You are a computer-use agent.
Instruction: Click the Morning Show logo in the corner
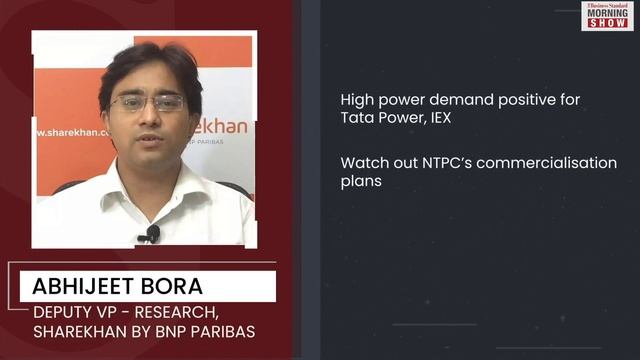pos(606,15)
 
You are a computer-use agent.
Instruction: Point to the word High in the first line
pos(357,100)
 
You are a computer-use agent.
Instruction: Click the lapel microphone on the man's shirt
pos(152,234)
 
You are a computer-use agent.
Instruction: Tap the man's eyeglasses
pos(147,102)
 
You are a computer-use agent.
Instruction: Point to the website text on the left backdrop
pos(67,132)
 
